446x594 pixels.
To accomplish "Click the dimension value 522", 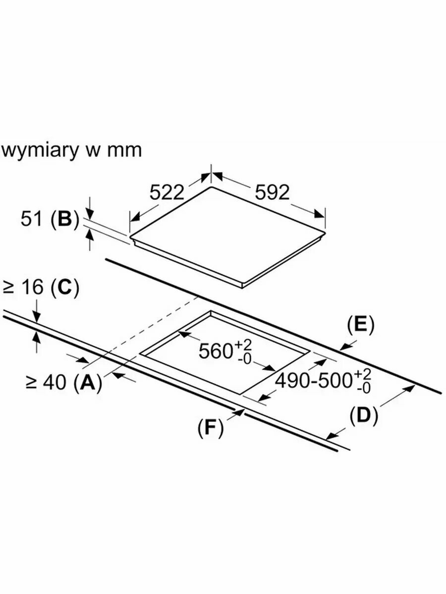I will tap(167, 192).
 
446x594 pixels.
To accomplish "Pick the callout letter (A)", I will tap(88, 382).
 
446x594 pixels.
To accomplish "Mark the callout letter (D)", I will tap(364, 416).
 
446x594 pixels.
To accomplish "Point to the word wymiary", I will tap(41, 150).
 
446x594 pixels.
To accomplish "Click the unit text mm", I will tap(126, 150).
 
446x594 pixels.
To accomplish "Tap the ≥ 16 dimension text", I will tap(24, 289).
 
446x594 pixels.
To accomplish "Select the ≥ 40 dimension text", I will tap(46, 382).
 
